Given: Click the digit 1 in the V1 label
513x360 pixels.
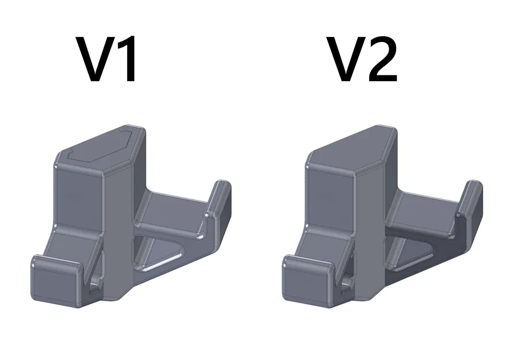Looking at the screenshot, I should (128, 59).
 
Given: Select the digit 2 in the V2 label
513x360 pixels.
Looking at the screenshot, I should (381, 59).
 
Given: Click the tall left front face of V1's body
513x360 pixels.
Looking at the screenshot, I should (78, 196).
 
